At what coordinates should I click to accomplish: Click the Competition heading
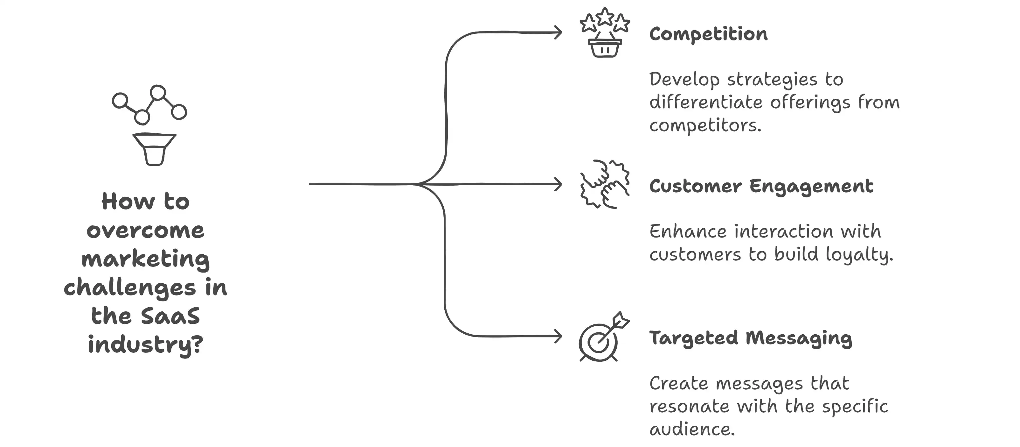coord(708,34)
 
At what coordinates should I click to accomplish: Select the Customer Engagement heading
coord(761,186)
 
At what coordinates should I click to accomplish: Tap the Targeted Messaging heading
coord(751,338)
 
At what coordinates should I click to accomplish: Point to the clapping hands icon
coord(604,184)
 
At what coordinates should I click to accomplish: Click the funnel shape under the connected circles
coord(154,149)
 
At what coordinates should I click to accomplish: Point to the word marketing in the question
coord(145,259)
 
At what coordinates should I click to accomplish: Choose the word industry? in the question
coord(145,345)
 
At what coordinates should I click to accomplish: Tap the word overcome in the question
coord(145,231)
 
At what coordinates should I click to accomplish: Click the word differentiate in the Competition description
coord(706,102)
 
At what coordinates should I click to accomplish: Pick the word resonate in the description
coord(689,407)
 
